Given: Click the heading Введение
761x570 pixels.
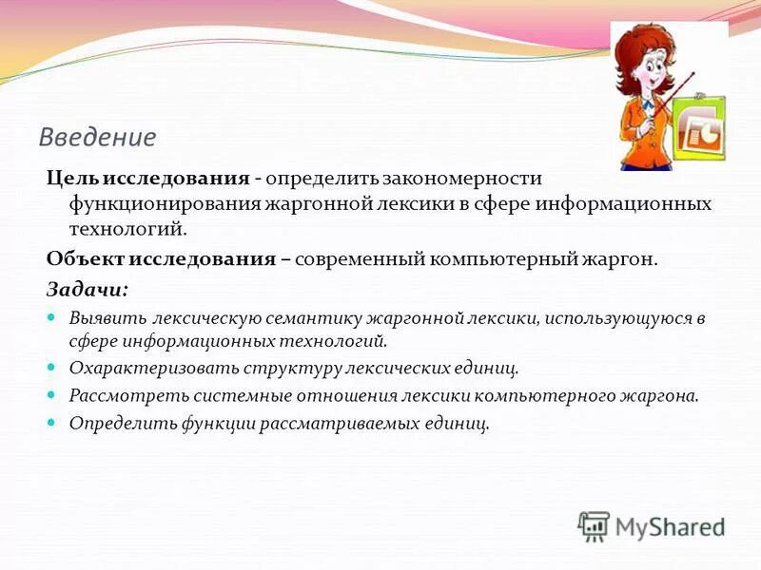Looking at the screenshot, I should point(97,138).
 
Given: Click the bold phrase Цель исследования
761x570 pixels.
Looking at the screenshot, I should point(148,179).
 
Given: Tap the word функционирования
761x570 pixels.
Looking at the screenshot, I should point(159,204).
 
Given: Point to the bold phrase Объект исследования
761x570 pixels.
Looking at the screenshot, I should point(162,259).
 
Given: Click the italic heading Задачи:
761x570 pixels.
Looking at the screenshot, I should point(88,288).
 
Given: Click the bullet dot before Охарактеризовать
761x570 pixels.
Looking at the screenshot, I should point(52,365).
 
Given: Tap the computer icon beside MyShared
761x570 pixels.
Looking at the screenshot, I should point(594,526).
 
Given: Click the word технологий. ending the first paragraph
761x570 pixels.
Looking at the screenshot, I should point(127,229).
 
